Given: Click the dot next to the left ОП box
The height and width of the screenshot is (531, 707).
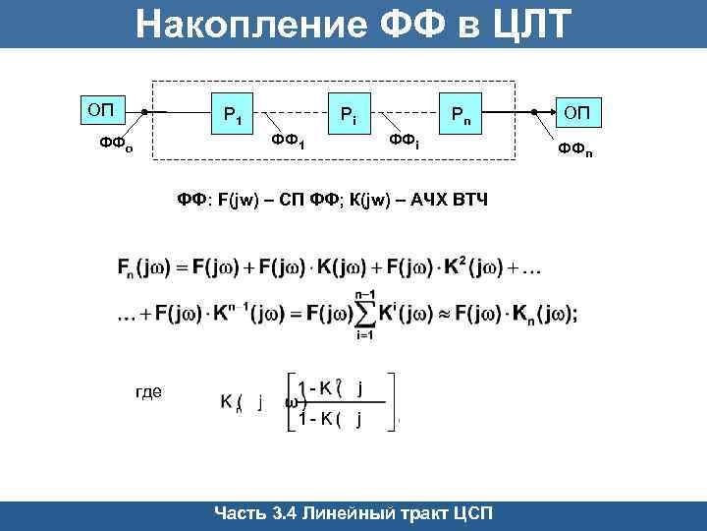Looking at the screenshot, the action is [144, 112].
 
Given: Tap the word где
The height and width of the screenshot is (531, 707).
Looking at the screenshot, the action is [147, 391].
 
